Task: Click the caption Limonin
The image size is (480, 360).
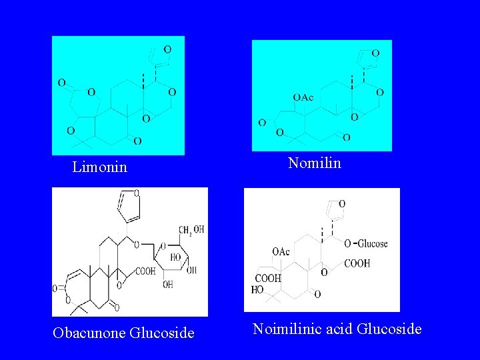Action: [99, 167]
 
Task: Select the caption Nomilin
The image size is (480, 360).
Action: [314, 163]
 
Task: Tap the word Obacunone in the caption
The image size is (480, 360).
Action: [88, 332]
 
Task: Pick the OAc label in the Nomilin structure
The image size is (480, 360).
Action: [303, 97]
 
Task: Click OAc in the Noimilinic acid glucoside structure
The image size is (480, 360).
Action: [281, 251]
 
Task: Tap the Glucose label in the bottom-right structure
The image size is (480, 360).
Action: [373, 243]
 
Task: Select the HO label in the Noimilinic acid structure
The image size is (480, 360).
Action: [257, 290]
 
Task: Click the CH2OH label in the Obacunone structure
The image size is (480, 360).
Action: [191, 230]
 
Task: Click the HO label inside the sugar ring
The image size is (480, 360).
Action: [175, 257]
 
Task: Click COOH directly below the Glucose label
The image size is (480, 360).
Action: [357, 264]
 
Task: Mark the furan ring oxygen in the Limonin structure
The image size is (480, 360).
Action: [167, 49]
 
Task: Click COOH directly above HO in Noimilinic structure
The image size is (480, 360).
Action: [268, 279]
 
